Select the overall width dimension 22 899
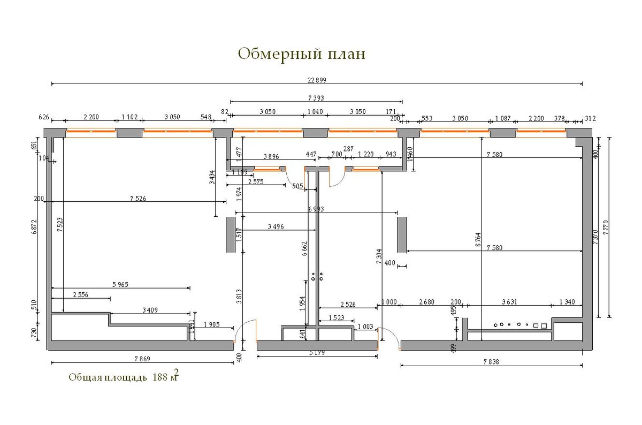point(317,80)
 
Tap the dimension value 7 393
point(316,98)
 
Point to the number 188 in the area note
point(160,377)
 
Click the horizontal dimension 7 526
point(138,199)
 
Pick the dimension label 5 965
point(120,284)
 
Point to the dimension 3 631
point(509,302)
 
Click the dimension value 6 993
point(316,209)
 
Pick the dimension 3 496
point(276,227)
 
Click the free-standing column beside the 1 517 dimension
point(231,234)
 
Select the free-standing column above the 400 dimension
point(402,234)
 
